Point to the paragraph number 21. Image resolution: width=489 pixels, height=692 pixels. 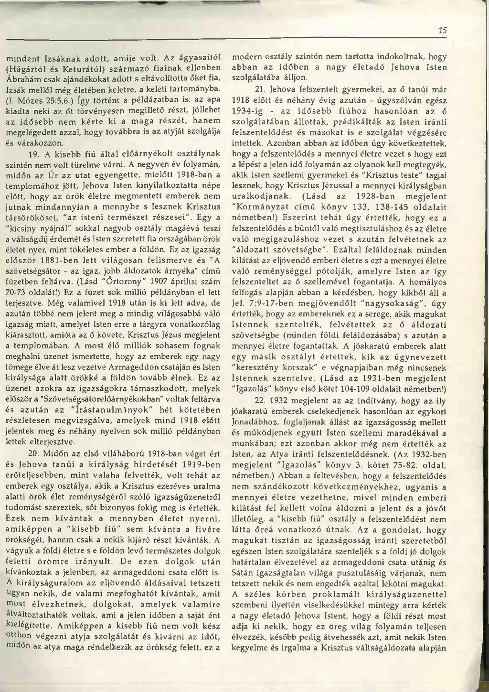coord(261,89)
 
